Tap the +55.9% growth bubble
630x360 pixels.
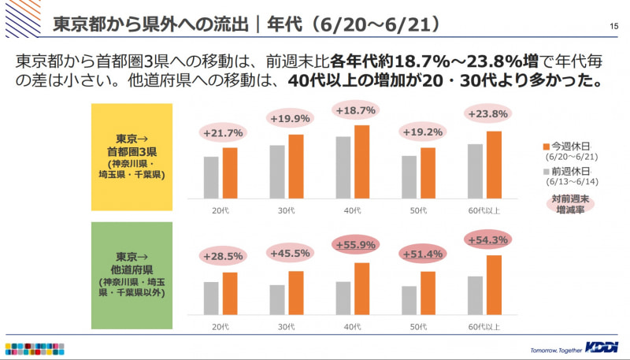(x=353, y=245)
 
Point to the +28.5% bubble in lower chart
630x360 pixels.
(x=222, y=256)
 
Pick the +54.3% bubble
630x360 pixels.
(x=488, y=239)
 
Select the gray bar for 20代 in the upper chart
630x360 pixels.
(x=211, y=177)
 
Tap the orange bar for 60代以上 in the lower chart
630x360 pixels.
(x=495, y=284)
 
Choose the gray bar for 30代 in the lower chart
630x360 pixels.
(x=277, y=299)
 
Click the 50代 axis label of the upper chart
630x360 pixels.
(x=420, y=210)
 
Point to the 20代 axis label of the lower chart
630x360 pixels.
(x=220, y=325)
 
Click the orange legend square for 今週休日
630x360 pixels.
(x=546, y=146)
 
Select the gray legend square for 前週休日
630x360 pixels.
(x=546, y=169)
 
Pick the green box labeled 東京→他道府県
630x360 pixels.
(x=131, y=275)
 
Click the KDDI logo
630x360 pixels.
(x=602, y=347)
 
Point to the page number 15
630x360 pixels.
(x=613, y=26)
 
